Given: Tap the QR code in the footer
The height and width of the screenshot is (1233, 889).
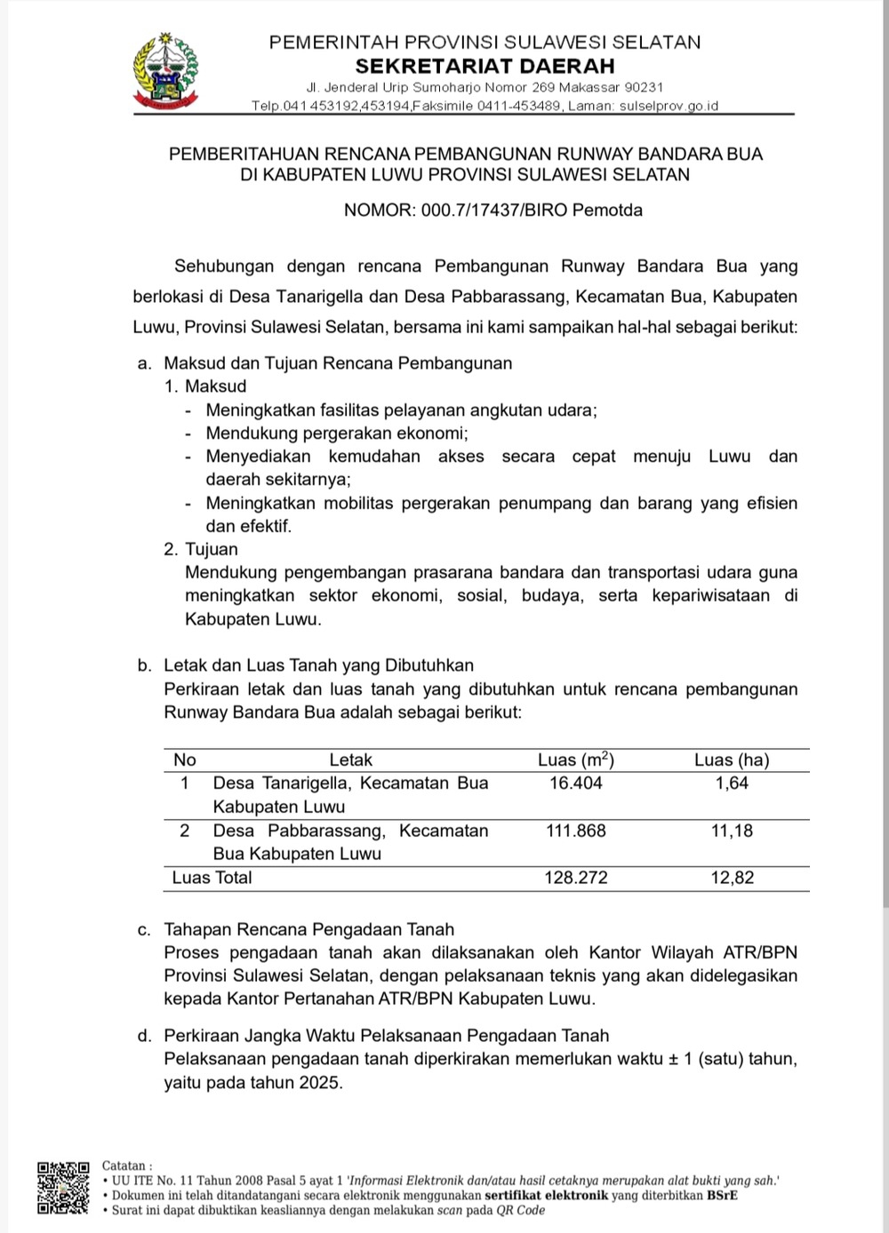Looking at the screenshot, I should (x=63, y=1187).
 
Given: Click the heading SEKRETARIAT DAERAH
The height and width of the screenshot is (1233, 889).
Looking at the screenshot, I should (x=485, y=66).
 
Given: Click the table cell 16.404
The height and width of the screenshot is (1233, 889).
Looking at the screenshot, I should (x=575, y=783).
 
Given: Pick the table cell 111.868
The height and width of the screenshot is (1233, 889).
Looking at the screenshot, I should (x=575, y=831).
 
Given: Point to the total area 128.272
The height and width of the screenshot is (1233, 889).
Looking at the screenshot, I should (x=575, y=878).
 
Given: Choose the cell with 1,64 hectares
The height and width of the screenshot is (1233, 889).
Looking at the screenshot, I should (x=732, y=783).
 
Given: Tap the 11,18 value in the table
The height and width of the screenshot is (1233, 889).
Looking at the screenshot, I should (x=732, y=831).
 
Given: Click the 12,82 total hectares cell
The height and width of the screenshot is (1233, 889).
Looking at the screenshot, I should (x=732, y=878).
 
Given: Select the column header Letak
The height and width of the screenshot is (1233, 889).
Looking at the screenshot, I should (x=350, y=760).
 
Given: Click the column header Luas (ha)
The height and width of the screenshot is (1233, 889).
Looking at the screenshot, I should (x=732, y=760).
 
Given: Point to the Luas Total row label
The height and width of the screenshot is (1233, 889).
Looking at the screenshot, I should (x=212, y=878).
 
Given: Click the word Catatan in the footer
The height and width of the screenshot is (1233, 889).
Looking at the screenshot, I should (x=127, y=1165).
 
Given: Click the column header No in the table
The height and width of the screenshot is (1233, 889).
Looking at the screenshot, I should (x=185, y=760).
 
